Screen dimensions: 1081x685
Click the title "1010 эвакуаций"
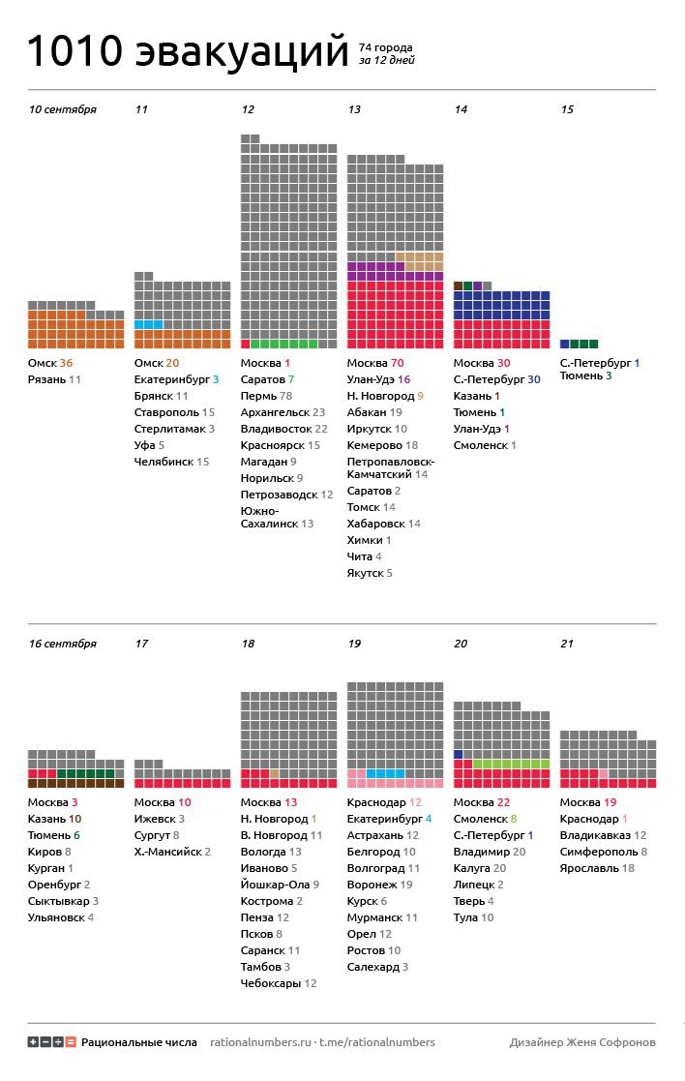tap(187, 51)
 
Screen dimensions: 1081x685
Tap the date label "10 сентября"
tap(62, 109)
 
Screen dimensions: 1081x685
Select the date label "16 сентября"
tap(62, 643)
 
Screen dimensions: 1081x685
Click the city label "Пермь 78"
tap(266, 396)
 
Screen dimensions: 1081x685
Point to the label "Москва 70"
tap(375, 363)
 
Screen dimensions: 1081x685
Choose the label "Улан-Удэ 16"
tap(378, 379)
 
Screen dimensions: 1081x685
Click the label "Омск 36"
tap(50, 363)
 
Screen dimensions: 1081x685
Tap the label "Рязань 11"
tap(54, 379)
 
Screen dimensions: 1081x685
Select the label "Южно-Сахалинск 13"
tap(277, 517)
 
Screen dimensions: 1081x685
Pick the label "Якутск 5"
tap(370, 573)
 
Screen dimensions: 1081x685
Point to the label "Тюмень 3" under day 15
tap(585, 375)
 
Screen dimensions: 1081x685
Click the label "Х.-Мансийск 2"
tap(173, 852)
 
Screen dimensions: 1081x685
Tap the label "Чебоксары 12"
tap(279, 983)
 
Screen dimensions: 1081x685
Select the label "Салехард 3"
tap(377, 967)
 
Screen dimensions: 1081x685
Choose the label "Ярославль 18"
tap(597, 868)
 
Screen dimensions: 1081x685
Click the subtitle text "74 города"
tap(385, 46)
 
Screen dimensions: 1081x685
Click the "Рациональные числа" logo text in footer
tap(138, 1042)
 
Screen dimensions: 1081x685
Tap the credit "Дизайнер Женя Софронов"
tap(581, 1042)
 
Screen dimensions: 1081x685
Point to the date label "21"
tap(567, 643)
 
